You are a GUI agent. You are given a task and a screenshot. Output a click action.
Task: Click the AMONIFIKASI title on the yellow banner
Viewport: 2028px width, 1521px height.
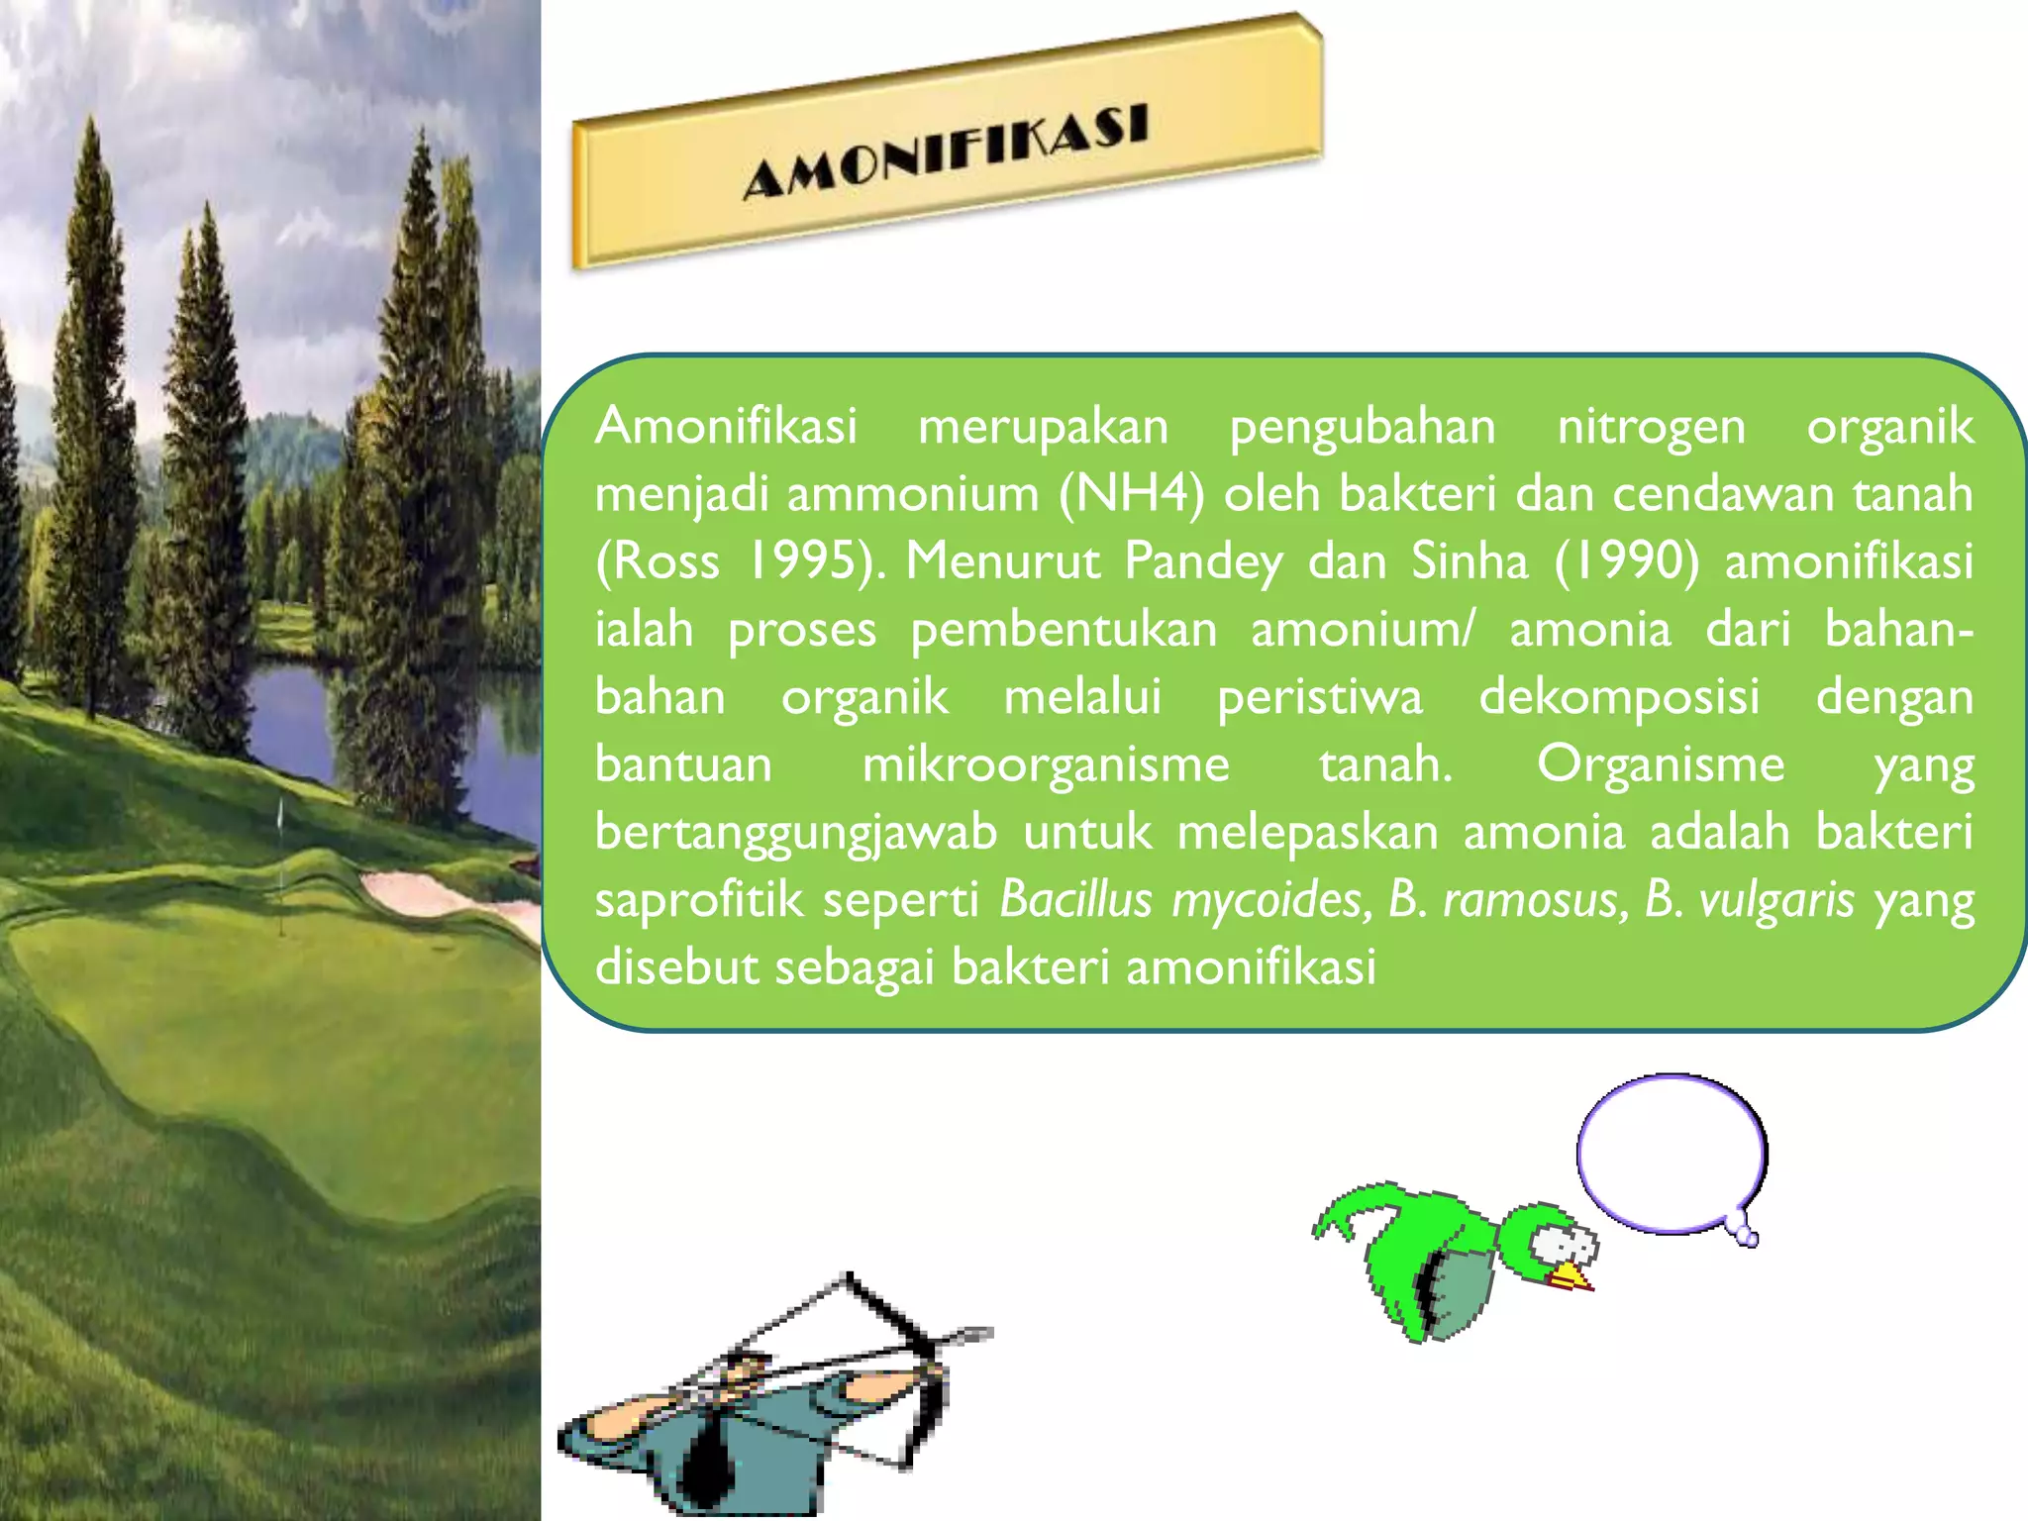(947, 151)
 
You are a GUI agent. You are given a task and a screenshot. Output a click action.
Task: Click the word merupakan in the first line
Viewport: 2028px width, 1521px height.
(1043, 427)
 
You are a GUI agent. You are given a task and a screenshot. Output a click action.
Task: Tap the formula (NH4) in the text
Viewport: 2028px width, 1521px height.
(1131, 493)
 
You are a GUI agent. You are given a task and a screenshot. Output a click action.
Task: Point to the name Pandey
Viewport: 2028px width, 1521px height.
(1203, 561)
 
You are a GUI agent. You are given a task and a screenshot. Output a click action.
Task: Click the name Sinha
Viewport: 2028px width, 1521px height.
(1470, 560)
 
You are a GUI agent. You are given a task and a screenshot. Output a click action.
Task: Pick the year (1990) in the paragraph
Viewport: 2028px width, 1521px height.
(1626, 560)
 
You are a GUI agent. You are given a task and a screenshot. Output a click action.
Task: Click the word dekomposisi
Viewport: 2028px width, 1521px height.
(1619, 696)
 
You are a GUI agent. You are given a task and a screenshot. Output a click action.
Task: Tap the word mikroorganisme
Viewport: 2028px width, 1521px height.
(1046, 764)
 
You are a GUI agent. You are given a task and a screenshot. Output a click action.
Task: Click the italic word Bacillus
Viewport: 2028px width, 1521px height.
(1076, 899)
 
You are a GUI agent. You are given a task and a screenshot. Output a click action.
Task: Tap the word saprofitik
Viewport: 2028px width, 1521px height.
(699, 899)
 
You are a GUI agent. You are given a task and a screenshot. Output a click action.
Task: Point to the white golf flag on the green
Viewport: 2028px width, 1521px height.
(280, 814)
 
